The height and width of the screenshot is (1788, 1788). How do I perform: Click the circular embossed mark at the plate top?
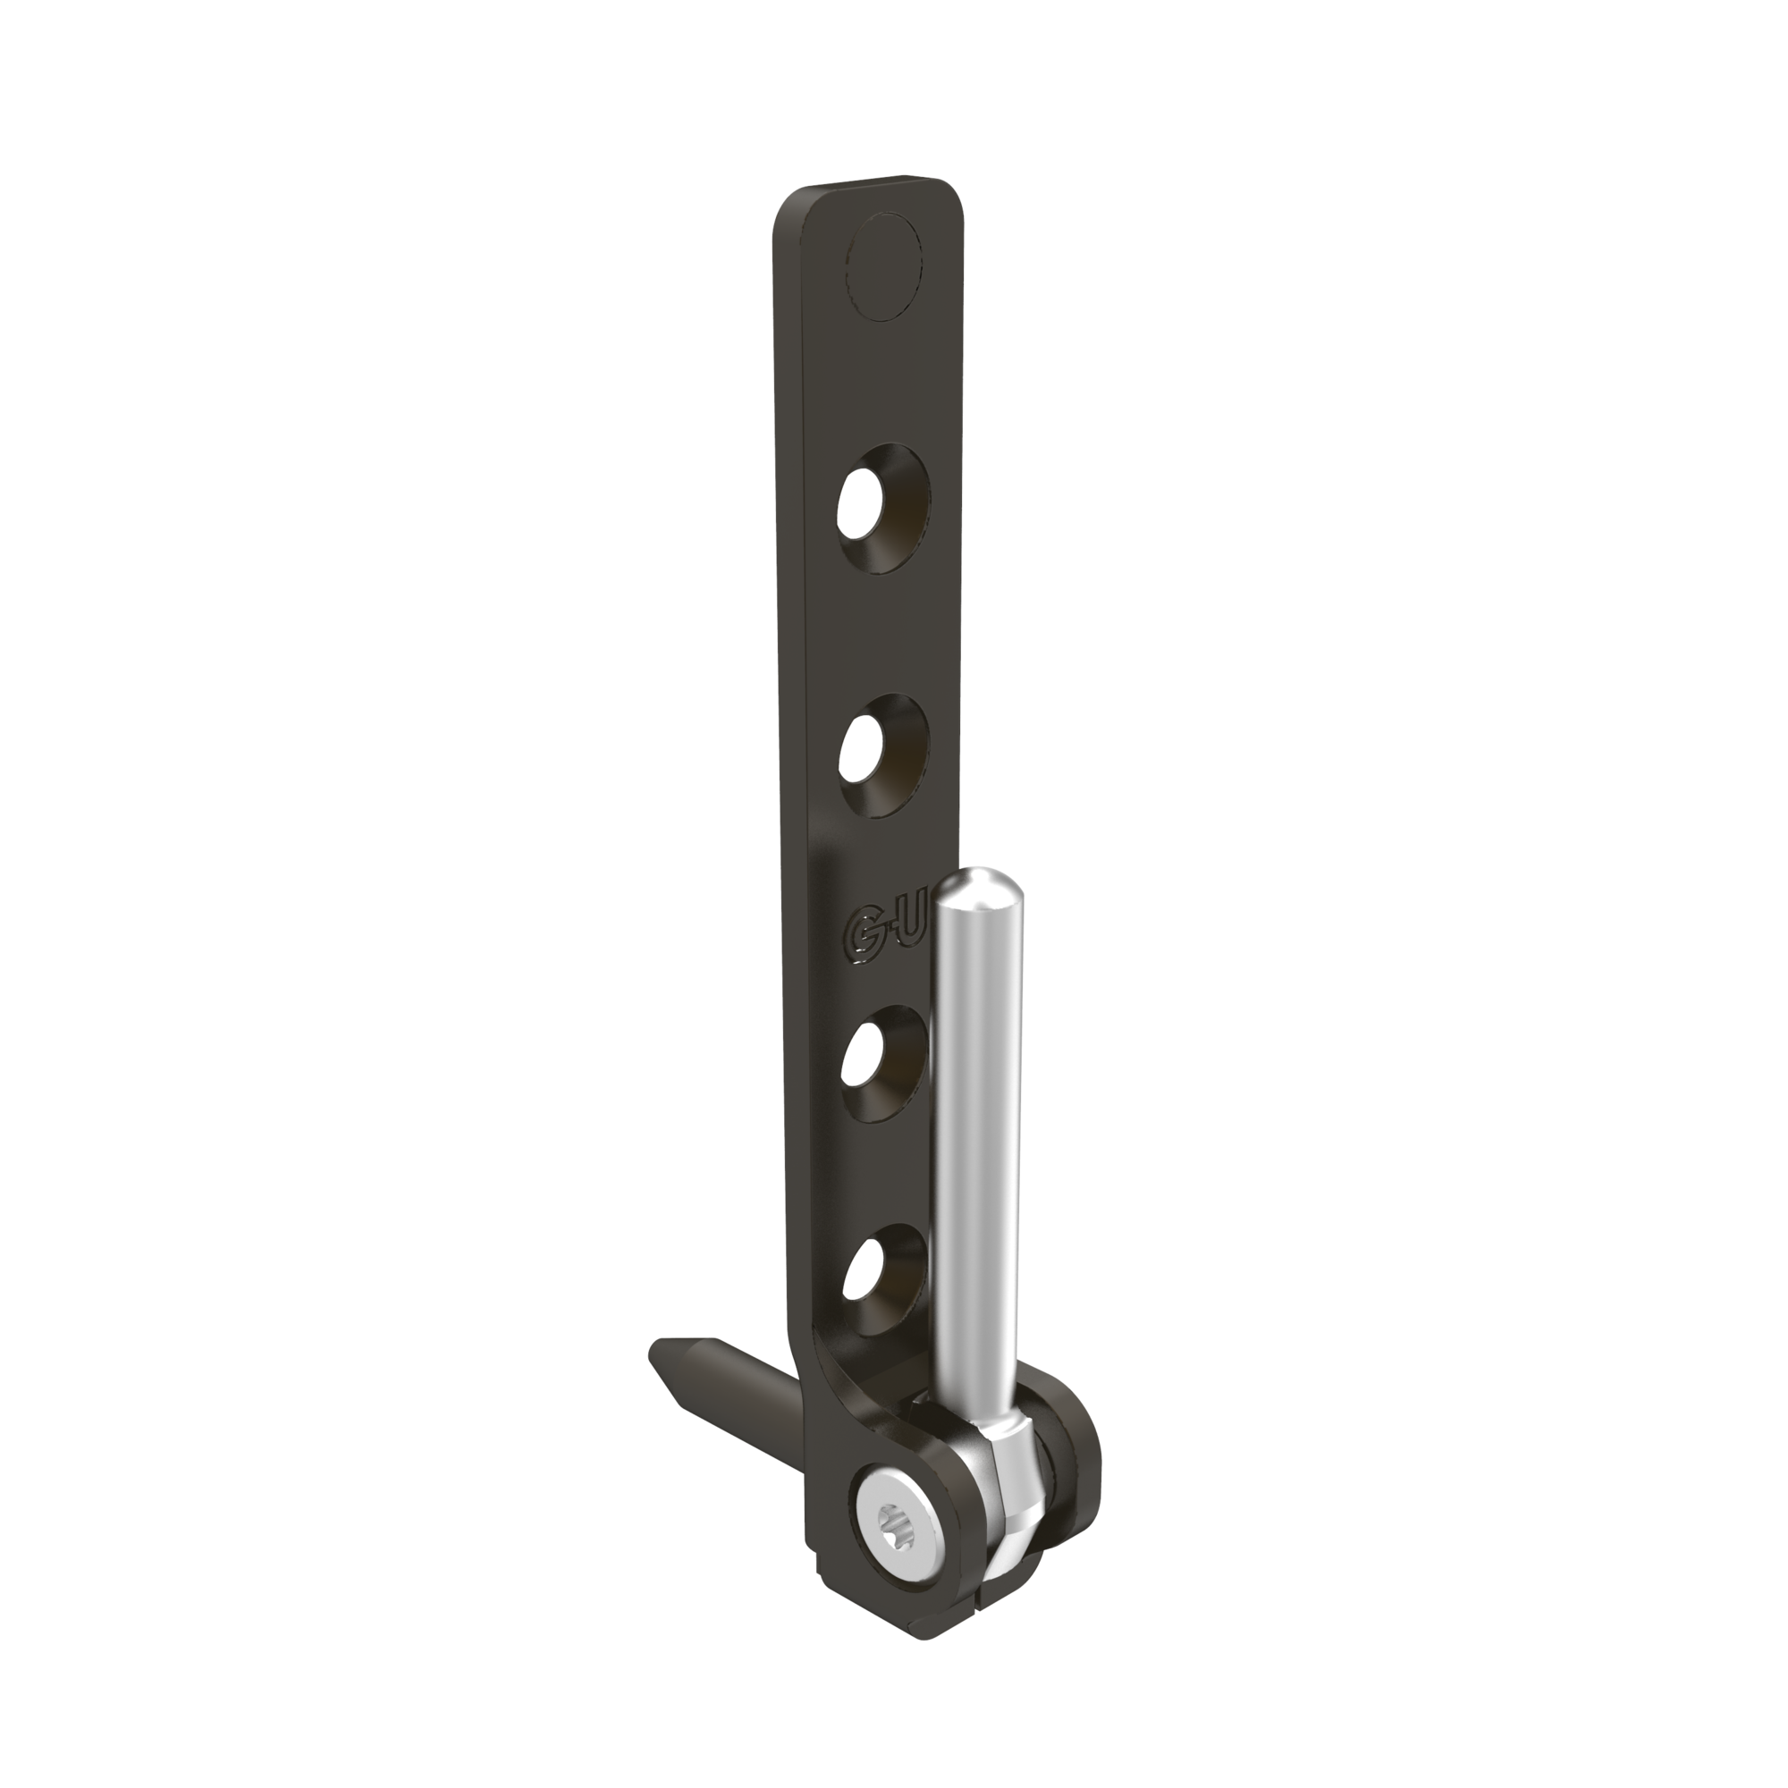885,266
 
